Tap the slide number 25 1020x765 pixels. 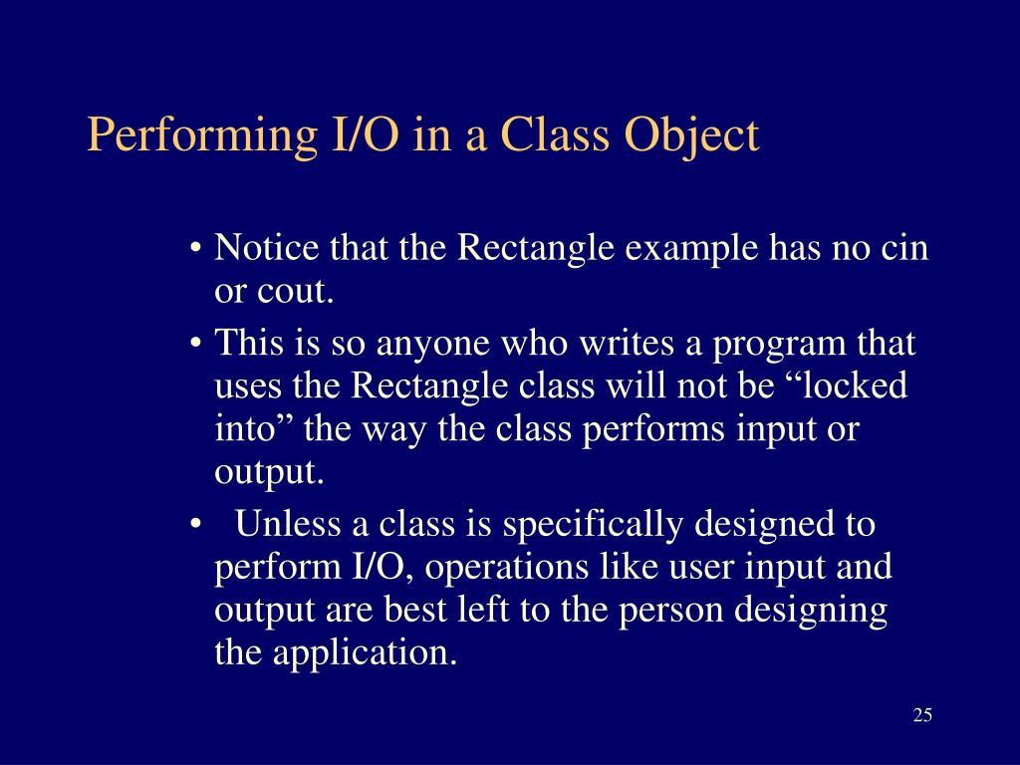pos(921,715)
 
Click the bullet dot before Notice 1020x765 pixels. pos(198,249)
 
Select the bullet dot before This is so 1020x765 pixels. pos(198,345)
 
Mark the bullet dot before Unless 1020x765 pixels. pos(198,524)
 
